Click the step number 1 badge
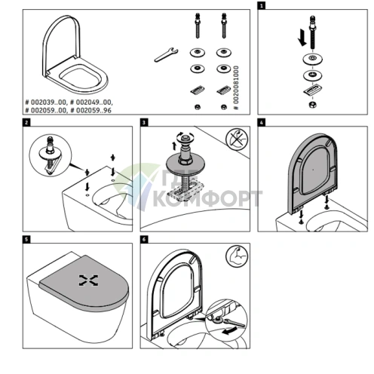point(261,5)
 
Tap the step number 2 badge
point(27,122)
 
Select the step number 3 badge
point(145,122)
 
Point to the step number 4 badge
point(261,122)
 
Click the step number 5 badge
point(27,240)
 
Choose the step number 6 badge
point(145,240)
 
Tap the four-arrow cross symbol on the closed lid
point(88,280)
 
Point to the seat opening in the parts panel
point(77,75)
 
